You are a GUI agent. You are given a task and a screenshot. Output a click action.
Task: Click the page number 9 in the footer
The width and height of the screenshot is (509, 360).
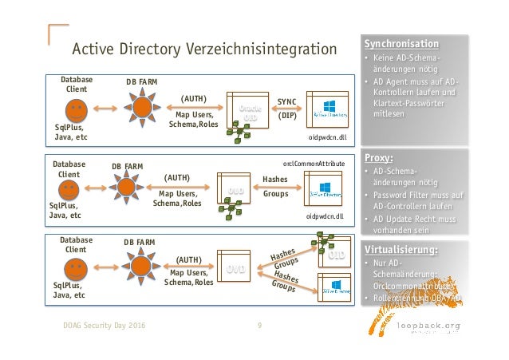(259, 326)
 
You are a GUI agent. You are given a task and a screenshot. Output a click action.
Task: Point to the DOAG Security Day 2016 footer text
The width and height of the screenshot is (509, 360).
(105, 326)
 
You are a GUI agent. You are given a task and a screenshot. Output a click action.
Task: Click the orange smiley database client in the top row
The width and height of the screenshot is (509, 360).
(71, 108)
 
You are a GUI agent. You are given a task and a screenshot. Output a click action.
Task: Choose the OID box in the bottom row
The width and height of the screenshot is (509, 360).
(335, 256)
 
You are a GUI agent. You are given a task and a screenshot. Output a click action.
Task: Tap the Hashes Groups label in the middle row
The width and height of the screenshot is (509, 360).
(275, 187)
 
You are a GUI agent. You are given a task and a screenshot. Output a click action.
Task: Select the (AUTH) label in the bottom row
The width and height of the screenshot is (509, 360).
(189, 259)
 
